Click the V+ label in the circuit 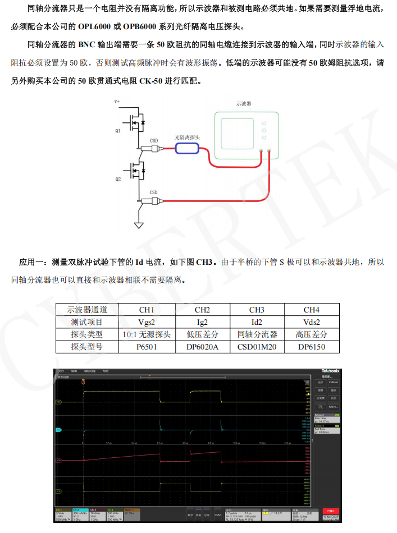117,102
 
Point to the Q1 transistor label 118,131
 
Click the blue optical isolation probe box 187,148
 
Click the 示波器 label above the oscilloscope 244,104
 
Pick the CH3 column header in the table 257,310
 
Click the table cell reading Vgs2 147,322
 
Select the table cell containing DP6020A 202,347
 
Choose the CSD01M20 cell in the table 257,347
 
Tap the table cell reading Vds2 312,322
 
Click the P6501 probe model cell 147,347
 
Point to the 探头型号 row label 87,347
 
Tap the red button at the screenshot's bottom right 331,511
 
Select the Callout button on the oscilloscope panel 334,382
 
